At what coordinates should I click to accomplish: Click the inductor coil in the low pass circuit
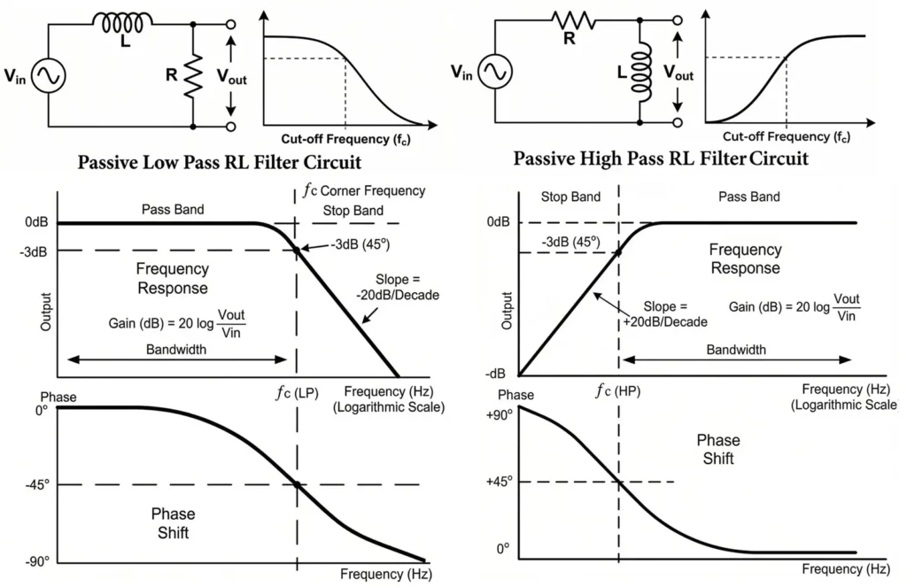pos(123,20)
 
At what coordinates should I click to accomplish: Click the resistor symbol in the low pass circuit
pos(191,76)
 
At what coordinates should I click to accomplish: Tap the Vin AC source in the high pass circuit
pos(494,73)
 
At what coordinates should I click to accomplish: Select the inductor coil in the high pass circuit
pos(640,74)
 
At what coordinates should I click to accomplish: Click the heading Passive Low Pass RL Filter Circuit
pos(220,163)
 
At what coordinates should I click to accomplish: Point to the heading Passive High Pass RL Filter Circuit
pos(661,159)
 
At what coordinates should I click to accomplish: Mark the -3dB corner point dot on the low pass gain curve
pos(296,251)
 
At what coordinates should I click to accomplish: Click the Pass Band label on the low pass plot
pos(173,210)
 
